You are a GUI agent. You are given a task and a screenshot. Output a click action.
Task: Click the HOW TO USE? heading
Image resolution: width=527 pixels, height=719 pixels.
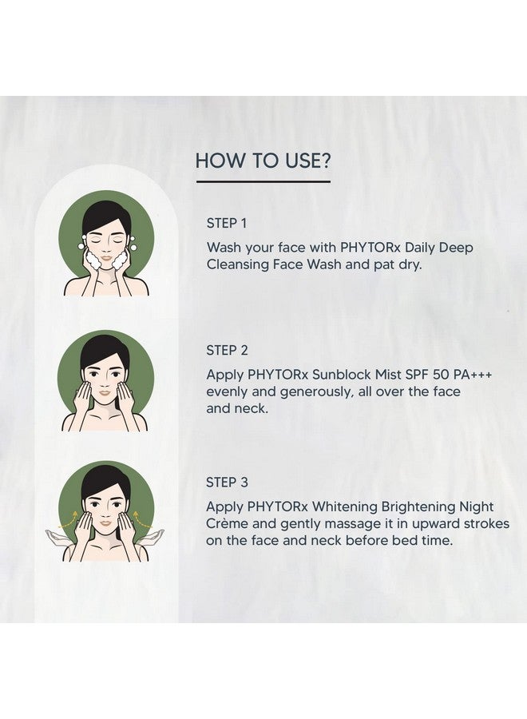coord(263,161)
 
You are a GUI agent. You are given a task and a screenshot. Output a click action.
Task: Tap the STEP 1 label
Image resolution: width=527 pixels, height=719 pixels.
coord(227,224)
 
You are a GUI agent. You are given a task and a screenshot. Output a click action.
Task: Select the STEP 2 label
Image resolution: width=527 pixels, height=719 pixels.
coord(228,350)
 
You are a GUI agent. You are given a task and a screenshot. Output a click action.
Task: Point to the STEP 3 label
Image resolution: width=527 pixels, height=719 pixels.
coord(228,482)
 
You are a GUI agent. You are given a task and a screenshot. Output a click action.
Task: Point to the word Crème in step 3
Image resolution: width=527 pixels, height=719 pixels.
coord(227,523)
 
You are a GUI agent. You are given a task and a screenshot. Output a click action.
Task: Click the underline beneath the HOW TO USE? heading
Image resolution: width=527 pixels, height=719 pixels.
coord(263,182)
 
